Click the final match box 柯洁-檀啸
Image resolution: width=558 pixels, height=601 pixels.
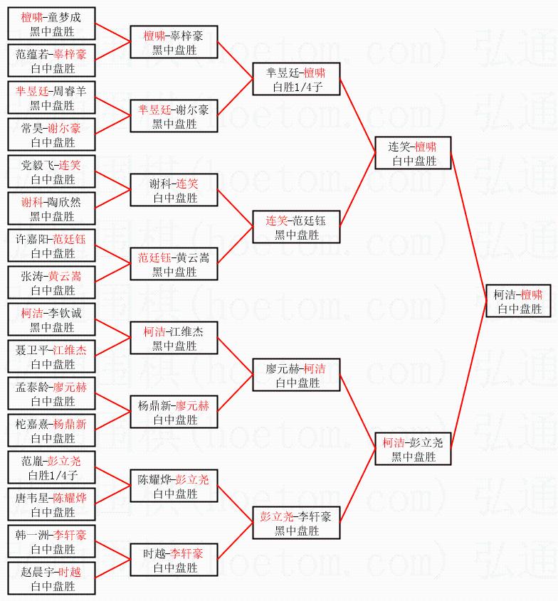pos(519,302)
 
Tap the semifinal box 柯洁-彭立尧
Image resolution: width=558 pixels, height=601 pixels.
pos(413,450)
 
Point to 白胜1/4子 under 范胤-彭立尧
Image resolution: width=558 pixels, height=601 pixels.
pos(53,475)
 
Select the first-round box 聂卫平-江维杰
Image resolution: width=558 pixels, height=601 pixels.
pos(51,357)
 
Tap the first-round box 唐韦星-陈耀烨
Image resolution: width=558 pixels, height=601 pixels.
pos(51,505)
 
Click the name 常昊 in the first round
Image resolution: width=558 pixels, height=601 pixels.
pos(31,129)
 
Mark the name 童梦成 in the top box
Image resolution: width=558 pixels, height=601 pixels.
pos(65,18)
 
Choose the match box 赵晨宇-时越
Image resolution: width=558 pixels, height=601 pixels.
pos(51,579)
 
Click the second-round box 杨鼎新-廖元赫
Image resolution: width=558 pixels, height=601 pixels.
pos(174,413)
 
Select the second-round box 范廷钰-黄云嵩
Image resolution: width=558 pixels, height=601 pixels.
pos(174,265)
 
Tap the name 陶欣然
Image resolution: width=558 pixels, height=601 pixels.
pos(65,203)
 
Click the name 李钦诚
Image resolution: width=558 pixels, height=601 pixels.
pos(65,314)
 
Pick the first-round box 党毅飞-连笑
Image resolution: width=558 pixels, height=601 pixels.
pos(51,172)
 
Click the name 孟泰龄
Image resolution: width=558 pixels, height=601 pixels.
pos(33,388)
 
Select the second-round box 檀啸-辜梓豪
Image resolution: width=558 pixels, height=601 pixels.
pos(174,43)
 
